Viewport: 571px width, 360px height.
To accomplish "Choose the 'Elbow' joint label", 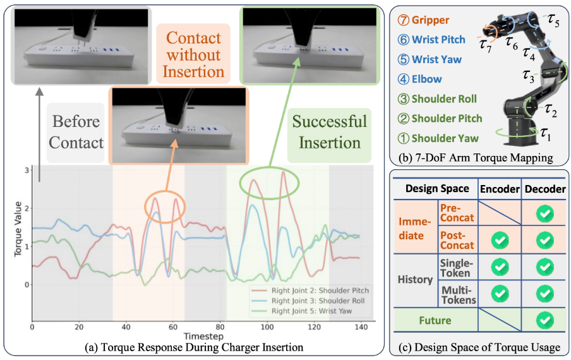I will click(x=427, y=79).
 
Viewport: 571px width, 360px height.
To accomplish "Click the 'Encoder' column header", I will click(x=500, y=188).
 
